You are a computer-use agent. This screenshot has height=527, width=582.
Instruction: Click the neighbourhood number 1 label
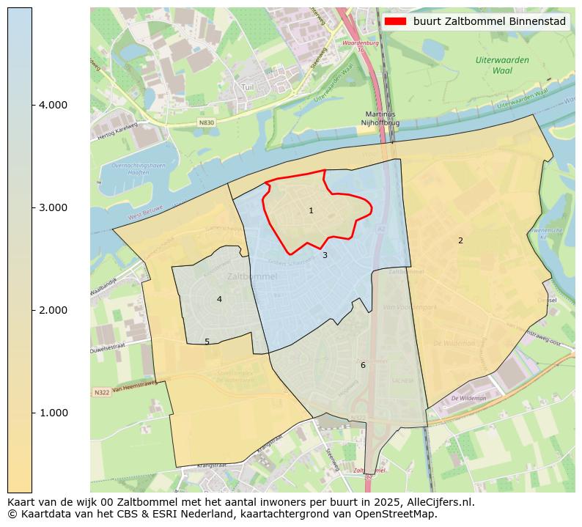311,211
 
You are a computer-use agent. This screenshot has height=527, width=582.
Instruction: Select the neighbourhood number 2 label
460,241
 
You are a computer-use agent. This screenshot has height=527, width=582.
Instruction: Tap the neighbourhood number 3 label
325,256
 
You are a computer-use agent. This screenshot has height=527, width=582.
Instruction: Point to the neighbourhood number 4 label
219,300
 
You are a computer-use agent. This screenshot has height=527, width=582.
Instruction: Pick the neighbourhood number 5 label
207,342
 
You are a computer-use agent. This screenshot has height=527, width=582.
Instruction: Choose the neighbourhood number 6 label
362,366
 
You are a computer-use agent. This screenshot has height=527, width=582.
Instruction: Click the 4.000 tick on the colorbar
53,106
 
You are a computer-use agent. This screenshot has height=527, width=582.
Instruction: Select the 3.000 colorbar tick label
53,208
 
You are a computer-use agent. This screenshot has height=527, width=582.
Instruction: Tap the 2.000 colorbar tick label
53,311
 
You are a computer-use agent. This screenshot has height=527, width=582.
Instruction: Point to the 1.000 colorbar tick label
53,413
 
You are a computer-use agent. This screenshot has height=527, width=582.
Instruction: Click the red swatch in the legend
396,22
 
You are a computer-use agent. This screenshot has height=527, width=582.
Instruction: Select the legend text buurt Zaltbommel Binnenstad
489,22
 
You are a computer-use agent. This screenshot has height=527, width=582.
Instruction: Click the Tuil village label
248,87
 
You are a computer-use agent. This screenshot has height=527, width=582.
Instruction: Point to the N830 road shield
207,122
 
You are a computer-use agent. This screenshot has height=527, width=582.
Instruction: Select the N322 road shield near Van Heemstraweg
102,393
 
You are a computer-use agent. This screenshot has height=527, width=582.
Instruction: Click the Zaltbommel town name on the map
252,277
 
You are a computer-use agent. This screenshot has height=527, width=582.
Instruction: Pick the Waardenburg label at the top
361,43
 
